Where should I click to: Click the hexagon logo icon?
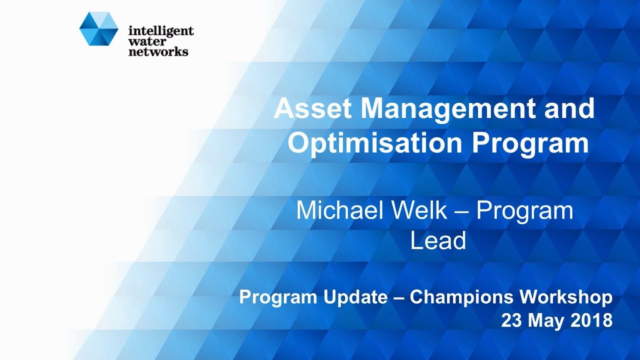(x=98, y=29)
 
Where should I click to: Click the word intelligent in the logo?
(x=160, y=31)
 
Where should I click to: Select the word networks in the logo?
(x=158, y=51)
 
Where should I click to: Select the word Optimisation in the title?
(x=374, y=143)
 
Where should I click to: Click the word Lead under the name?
(x=438, y=240)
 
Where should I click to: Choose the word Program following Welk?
(x=524, y=210)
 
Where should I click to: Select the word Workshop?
(x=566, y=297)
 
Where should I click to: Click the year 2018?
(x=593, y=320)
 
